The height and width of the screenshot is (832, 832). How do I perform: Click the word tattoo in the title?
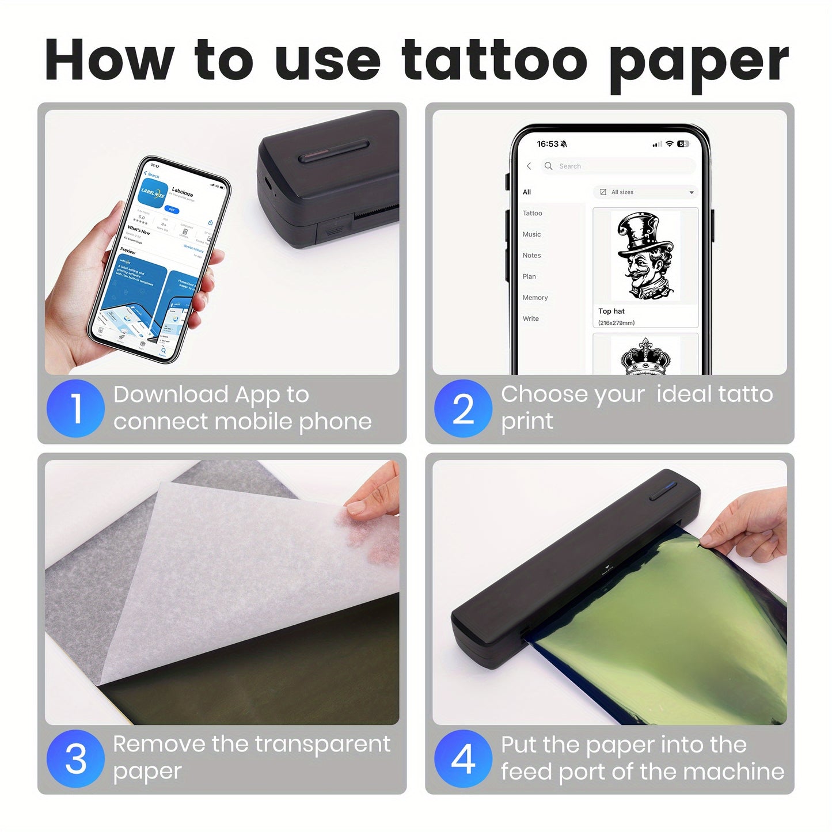[494, 60]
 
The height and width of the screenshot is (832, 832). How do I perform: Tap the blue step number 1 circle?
[75, 408]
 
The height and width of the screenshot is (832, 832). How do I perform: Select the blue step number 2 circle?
[463, 408]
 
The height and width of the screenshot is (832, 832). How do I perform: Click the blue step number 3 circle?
[75, 758]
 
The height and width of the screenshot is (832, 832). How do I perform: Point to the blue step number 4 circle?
[463, 758]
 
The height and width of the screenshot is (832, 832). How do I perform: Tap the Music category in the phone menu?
[531, 234]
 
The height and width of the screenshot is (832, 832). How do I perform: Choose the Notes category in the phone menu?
[531, 256]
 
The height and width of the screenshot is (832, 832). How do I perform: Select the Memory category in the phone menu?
[535, 298]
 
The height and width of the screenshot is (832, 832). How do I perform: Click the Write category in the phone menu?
[530, 319]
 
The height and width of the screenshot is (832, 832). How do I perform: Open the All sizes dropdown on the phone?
[645, 192]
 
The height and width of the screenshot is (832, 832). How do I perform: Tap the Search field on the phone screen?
[619, 166]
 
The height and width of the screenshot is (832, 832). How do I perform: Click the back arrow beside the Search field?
[529, 166]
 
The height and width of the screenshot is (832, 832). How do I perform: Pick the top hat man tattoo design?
[645, 257]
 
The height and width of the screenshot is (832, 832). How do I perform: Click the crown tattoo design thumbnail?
[645, 357]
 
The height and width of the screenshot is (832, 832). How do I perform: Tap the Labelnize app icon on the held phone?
[153, 193]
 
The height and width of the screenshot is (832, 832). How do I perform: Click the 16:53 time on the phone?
[548, 144]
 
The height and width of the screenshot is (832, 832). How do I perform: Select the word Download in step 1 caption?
[171, 395]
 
